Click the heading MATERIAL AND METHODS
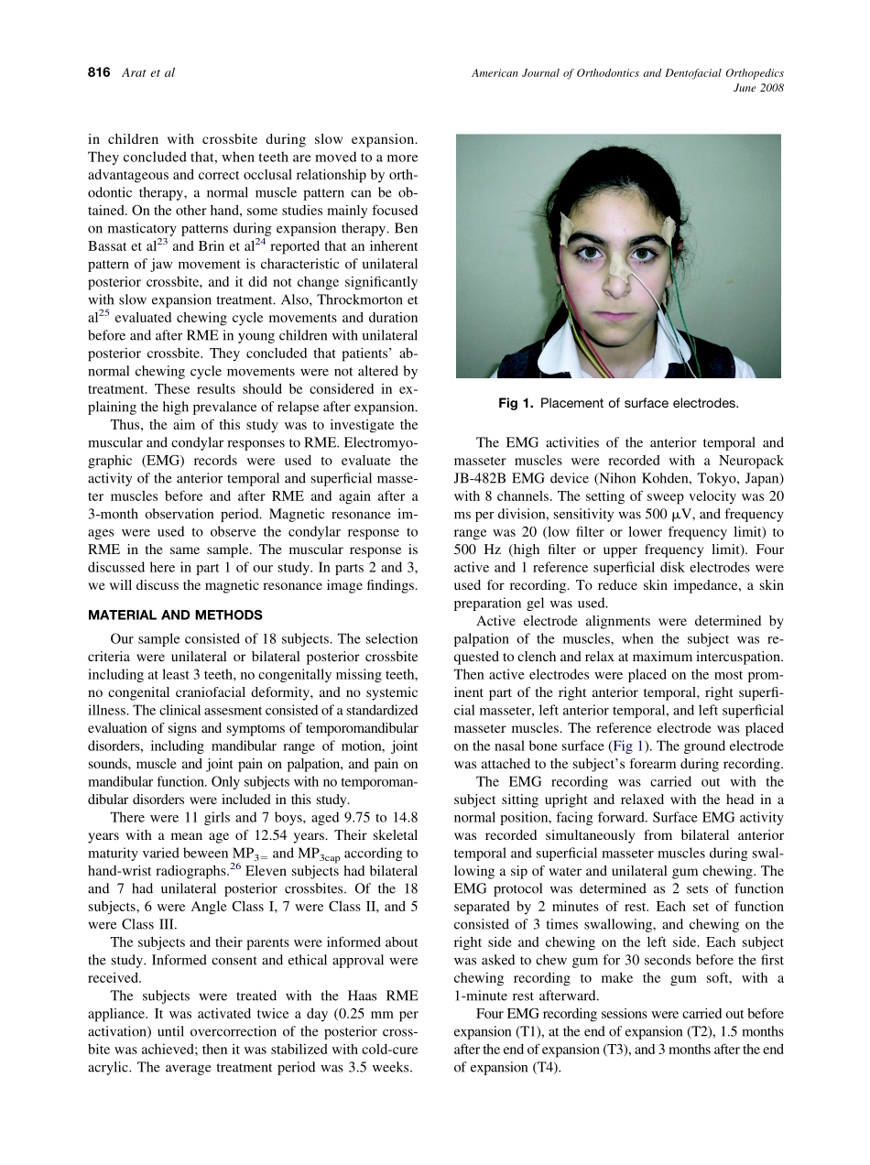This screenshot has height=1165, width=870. (x=175, y=615)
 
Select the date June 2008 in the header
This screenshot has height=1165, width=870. (x=758, y=89)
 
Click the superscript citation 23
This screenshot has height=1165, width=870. (x=161, y=243)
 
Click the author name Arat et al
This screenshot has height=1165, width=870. (x=147, y=72)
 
